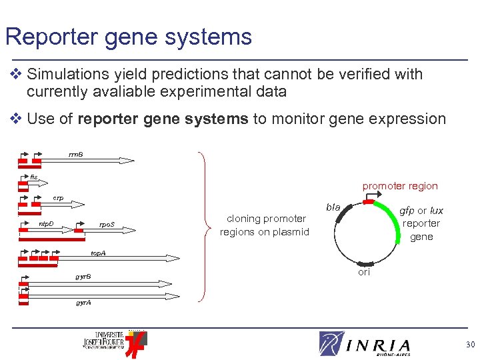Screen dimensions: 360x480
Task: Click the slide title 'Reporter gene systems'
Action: click(129, 36)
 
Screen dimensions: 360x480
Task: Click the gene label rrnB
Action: click(76, 155)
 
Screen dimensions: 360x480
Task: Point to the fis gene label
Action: click(34, 177)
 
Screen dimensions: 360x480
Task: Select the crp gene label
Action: click(59, 198)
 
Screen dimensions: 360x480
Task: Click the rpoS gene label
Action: click(107, 224)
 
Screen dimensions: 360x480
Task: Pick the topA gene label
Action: click(98, 253)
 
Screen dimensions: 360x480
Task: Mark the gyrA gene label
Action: click(83, 302)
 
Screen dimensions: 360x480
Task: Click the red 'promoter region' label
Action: click(400, 186)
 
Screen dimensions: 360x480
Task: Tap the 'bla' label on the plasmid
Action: click(333, 207)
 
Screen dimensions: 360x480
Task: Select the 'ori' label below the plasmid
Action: click(364, 273)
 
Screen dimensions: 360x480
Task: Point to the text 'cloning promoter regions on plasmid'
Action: click(265, 225)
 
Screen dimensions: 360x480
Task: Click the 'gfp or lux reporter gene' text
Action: click(421, 223)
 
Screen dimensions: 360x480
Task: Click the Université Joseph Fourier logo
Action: click(113, 341)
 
